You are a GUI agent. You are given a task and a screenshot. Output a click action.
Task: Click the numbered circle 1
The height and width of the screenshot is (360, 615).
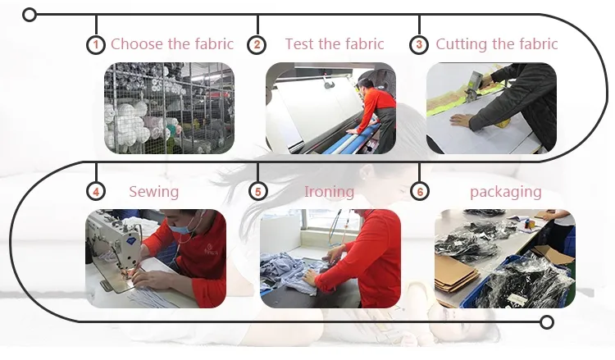[96, 45]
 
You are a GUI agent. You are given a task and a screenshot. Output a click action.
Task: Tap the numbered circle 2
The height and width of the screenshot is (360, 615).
[257, 45]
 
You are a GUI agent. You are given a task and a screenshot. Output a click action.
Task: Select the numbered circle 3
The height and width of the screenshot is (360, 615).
[419, 45]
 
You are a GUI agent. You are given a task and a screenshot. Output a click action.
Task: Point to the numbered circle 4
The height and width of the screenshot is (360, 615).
[96, 192]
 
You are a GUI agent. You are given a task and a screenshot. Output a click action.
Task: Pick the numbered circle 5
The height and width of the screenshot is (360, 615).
[257, 192]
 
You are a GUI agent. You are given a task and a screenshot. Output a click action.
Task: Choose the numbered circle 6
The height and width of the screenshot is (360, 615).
[420, 192]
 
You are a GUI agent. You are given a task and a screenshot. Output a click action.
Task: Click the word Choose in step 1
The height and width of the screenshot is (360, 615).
[135, 44]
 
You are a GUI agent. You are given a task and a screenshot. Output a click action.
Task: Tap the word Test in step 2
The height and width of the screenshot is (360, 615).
[300, 44]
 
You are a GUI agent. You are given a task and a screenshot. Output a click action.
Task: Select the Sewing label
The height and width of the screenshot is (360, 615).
[154, 192]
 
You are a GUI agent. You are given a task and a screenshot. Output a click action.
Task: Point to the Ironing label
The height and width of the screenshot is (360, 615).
[329, 192]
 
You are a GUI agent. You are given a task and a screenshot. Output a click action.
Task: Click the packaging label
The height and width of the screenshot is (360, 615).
[506, 192]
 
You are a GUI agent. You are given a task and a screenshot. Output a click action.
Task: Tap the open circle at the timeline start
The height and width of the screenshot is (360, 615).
[30, 15]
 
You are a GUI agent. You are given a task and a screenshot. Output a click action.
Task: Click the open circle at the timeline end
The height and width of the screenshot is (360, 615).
[546, 322]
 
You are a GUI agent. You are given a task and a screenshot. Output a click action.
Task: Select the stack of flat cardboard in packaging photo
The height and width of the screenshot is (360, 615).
[456, 274]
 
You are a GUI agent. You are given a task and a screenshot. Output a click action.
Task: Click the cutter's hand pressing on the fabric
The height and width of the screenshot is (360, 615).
[461, 120]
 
